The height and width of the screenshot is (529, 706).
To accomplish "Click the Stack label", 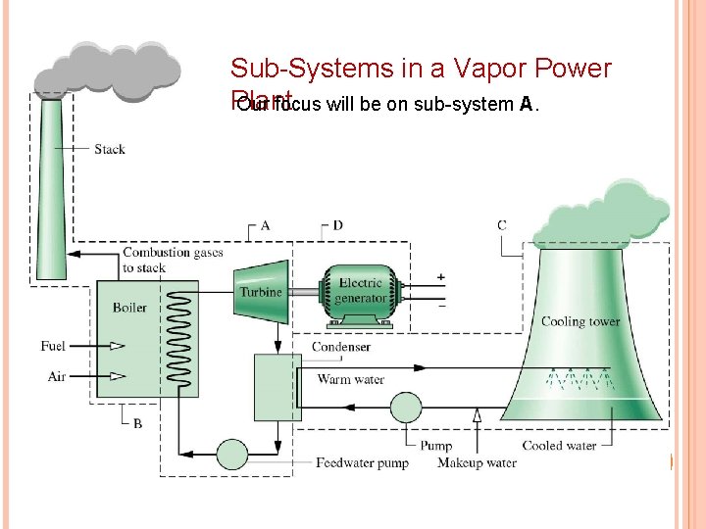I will click(110, 150).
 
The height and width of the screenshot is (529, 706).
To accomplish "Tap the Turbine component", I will click(260, 291).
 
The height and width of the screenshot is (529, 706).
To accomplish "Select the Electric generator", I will click(361, 290).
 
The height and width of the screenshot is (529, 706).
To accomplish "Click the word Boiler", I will click(129, 308).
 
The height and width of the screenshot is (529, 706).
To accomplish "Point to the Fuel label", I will click(53, 346).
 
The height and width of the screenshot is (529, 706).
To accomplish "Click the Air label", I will click(57, 376).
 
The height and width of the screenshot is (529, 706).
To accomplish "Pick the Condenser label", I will click(341, 347).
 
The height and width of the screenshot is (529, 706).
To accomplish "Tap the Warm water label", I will click(351, 380).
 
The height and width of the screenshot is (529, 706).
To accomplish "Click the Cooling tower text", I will click(580, 322).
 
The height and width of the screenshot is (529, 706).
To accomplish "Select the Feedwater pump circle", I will click(232, 454).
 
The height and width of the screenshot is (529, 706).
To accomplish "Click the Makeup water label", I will click(478, 462).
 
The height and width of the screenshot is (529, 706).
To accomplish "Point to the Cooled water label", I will click(559, 446).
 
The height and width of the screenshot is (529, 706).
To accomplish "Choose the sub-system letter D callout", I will click(337, 226).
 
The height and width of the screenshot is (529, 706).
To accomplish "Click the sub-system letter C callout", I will click(502, 226).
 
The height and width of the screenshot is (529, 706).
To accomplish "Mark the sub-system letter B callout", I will click(137, 423).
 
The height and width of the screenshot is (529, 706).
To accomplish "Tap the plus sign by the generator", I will click(440, 277).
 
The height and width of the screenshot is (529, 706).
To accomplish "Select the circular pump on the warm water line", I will click(404, 406).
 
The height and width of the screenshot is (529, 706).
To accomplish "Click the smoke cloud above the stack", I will click(108, 69).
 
